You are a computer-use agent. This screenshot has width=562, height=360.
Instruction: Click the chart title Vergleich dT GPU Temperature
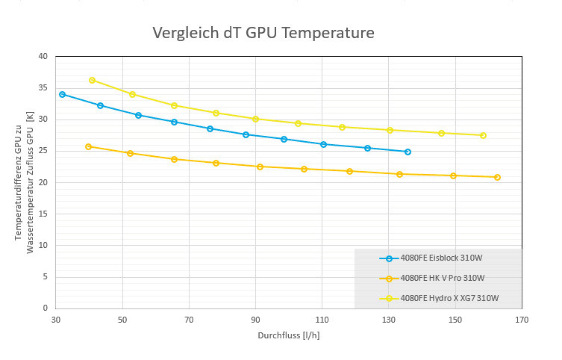coord(263,33)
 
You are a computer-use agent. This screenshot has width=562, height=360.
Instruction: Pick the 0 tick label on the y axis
coord(45,308)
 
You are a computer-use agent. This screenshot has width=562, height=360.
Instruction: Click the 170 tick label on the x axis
coord(522,320)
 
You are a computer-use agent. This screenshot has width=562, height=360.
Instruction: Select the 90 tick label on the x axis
coord(255,320)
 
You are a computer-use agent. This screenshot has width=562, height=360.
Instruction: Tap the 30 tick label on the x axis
coord(56,320)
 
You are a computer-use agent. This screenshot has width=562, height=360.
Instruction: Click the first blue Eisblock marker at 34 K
coord(62,94)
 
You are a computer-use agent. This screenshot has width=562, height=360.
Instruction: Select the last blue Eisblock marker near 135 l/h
coord(408,152)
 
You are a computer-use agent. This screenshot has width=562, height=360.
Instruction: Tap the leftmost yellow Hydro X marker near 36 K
coord(92,80)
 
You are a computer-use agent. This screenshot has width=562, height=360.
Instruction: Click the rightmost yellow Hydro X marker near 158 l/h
coord(483,135)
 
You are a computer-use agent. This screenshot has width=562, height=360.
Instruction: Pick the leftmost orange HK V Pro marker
coord(88,146)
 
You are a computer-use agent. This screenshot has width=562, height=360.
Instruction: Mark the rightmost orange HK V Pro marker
coord(497,177)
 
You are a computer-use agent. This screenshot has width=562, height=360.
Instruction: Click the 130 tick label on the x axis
coord(388,320)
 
